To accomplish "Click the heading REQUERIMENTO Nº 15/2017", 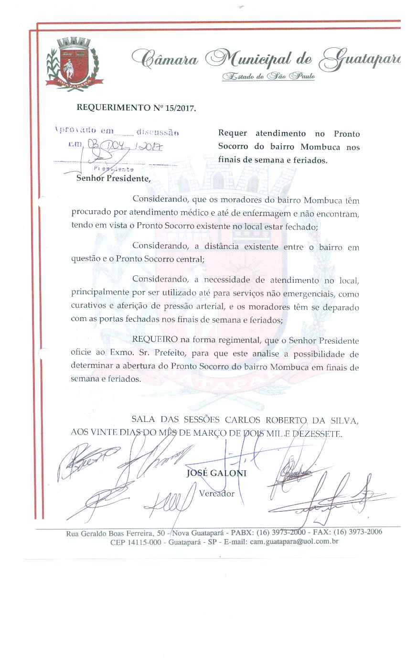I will point(136,108).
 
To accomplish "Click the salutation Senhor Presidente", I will point(113,179).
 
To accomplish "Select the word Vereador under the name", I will point(216,493).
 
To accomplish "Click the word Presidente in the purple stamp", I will point(114,169).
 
